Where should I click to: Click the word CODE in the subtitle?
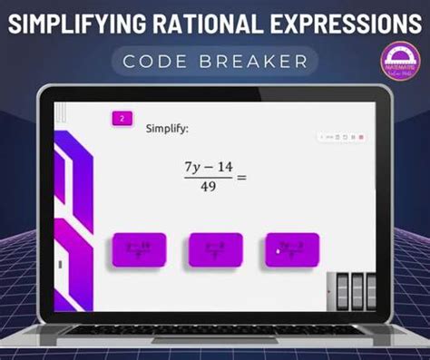[x=167, y=61]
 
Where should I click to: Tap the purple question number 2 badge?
[x=122, y=118]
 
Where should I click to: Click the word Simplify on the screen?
[x=167, y=129]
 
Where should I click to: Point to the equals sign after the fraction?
[x=241, y=178]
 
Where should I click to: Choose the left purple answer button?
[x=139, y=250]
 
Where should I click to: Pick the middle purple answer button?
[x=215, y=250]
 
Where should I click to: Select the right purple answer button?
[x=292, y=250]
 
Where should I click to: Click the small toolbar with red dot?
[x=341, y=137]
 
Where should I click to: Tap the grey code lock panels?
[x=350, y=289]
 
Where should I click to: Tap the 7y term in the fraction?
[x=191, y=168]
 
